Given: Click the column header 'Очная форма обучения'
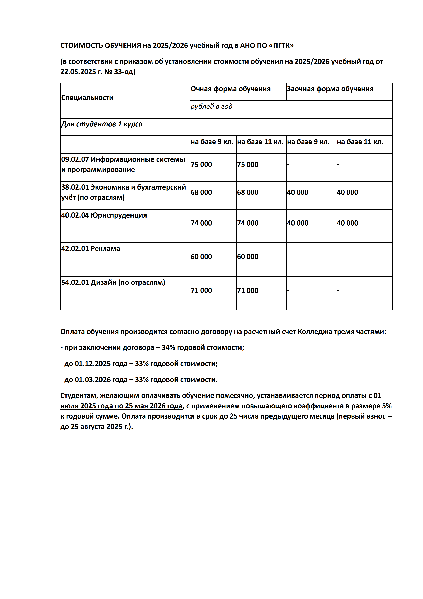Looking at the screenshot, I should tap(230, 89).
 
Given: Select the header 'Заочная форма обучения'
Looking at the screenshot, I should tap(330, 89).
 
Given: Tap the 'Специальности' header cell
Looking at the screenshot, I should tap(87, 98).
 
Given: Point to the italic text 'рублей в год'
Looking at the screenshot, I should tap(211, 106).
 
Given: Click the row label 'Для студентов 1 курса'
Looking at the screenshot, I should tap(102, 124).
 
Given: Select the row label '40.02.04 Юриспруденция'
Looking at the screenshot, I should tap(104, 215).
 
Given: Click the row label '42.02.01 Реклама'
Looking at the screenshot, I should tap(90, 249).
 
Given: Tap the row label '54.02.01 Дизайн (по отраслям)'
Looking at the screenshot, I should tap(113, 283).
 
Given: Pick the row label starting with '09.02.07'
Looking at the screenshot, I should tap(123, 164).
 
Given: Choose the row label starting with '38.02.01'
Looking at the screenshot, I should tap(123, 192).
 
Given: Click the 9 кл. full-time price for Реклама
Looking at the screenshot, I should tap(201, 257).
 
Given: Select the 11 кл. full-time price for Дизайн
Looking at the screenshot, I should tap(248, 290).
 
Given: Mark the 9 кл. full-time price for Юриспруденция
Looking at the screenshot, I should tap(201, 223).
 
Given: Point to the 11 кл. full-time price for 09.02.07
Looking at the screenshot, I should tap(248, 165).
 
